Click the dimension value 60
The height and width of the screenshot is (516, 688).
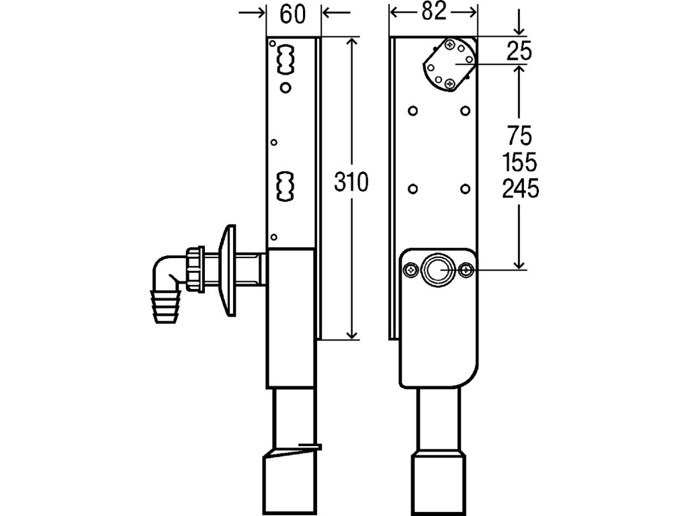coord(294,14)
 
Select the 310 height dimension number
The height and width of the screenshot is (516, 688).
coord(351,183)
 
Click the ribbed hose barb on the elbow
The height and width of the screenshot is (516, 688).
coord(165,306)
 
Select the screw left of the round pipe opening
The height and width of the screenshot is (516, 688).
coord(410,269)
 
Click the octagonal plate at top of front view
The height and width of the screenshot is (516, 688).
coord(449,64)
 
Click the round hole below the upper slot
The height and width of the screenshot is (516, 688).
coord(286,87)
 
